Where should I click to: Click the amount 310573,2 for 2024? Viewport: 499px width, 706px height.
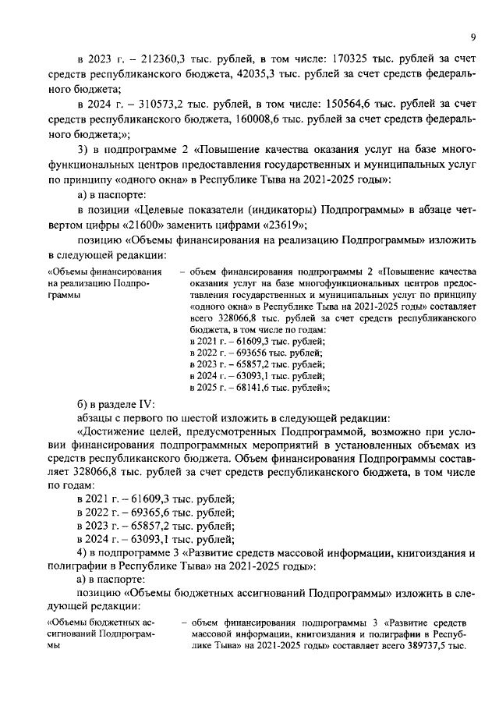pos(155,103)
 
